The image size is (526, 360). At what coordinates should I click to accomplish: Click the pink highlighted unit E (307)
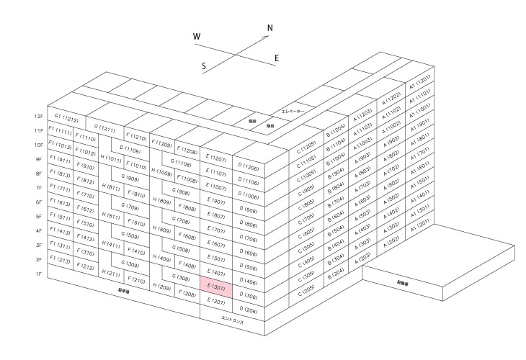(217, 287)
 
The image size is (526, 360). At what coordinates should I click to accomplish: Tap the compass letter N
(270, 29)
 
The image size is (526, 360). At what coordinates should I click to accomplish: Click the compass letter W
(197, 37)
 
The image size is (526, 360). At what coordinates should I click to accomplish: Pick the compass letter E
(277, 58)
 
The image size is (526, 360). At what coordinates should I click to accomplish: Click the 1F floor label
(39, 274)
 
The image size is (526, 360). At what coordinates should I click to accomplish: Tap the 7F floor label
(39, 188)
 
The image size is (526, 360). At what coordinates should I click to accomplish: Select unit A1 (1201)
(420, 79)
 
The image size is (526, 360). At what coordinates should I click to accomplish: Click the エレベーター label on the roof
(293, 112)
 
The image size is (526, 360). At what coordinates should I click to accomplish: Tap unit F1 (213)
(59, 261)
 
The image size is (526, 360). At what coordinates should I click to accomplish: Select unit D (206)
(249, 311)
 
